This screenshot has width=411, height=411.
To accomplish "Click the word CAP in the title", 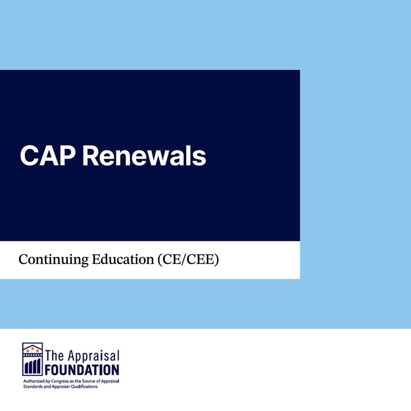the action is tap(48, 156).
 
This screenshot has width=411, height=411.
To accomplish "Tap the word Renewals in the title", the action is tap(144, 156).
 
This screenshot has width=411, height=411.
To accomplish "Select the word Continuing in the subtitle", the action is tap(53, 260).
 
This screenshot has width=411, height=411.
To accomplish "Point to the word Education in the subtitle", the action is tap(122, 259).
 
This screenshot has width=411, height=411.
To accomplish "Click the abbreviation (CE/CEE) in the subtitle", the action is tap(188, 259).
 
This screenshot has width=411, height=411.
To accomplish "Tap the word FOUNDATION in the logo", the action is tap(82, 370).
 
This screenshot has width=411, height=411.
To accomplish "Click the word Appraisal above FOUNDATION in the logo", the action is tap(94, 356).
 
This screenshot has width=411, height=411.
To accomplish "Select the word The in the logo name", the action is tap(55, 356).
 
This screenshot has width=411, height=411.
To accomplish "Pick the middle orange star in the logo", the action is tap(32, 349).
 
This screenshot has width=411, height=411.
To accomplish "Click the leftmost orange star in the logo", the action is tap(28, 351).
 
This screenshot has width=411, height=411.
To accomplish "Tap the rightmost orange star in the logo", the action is tap(37, 351).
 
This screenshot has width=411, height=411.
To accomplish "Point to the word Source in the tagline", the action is tap(89, 381).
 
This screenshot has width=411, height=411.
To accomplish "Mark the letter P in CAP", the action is tap(67, 156).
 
